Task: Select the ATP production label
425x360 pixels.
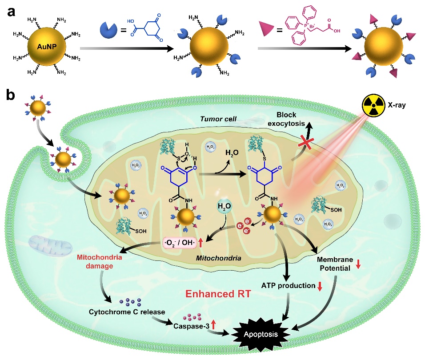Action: (291, 285)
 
